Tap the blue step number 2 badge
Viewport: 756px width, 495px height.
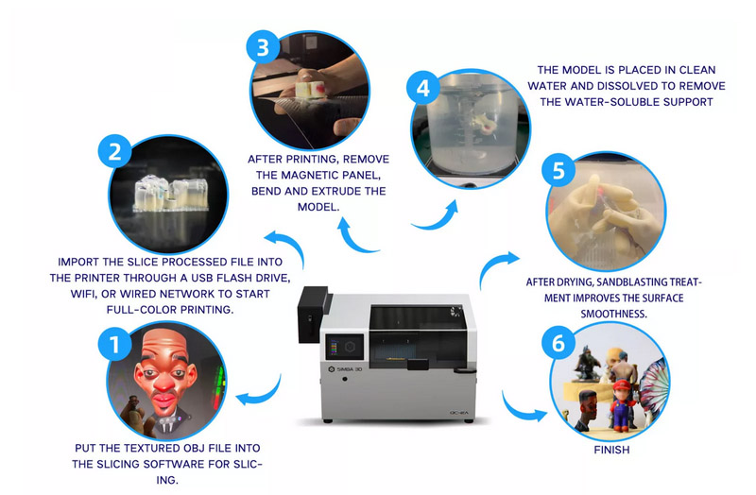click(114, 149)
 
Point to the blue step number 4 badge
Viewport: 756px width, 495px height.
click(422, 89)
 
